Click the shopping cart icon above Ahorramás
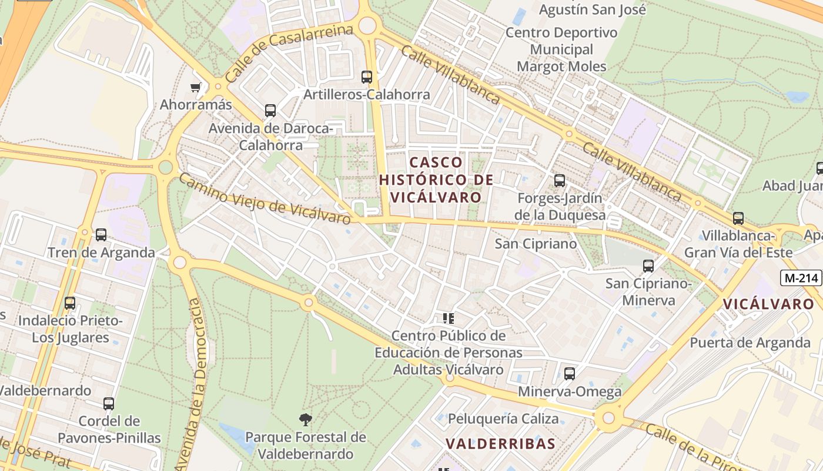coord(196,88)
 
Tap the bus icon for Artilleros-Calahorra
coord(367,77)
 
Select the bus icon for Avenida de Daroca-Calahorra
coord(270,110)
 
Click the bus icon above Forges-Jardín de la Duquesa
coord(560,181)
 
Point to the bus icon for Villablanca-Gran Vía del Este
coord(738,218)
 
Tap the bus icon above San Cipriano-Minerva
coord(648,266)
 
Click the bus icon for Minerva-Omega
coord(570,374)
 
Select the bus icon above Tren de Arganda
coord(101,235)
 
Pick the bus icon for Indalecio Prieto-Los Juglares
coord(70,303)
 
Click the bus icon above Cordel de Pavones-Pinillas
coord(109,404)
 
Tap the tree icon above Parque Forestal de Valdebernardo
coord(306,420)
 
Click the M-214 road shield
coord(801,278)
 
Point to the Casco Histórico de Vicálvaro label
coord(436,180)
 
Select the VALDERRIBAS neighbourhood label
coord(500,443)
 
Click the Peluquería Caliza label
coord(503,419)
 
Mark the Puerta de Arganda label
coord(750,343)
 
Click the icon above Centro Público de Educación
coord(449,319)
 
